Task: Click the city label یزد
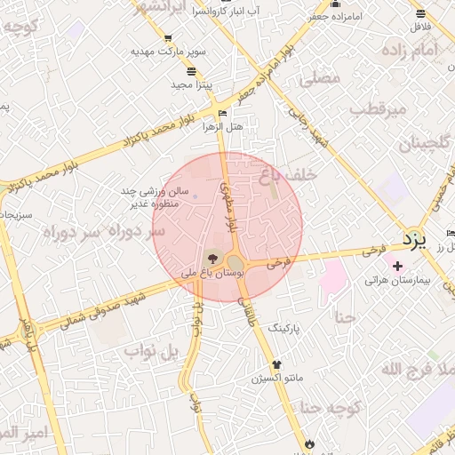[415, 239]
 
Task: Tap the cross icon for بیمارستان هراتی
[397, 266]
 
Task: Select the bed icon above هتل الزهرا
[222, 112]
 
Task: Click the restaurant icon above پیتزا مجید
[192, 71]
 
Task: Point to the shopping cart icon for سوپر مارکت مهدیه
[169, 38]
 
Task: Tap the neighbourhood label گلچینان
[424, 142]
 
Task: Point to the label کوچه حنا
[329, 408]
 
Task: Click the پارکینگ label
[284, 328]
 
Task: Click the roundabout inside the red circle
[235, 263]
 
